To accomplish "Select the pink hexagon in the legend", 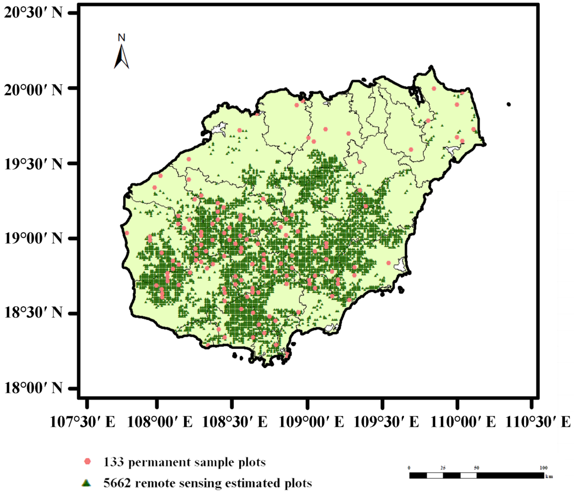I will pos(87,461).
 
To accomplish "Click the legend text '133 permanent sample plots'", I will pos(184,462).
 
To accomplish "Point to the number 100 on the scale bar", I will pos(543,468).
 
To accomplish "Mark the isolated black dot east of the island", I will pos(509,104).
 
